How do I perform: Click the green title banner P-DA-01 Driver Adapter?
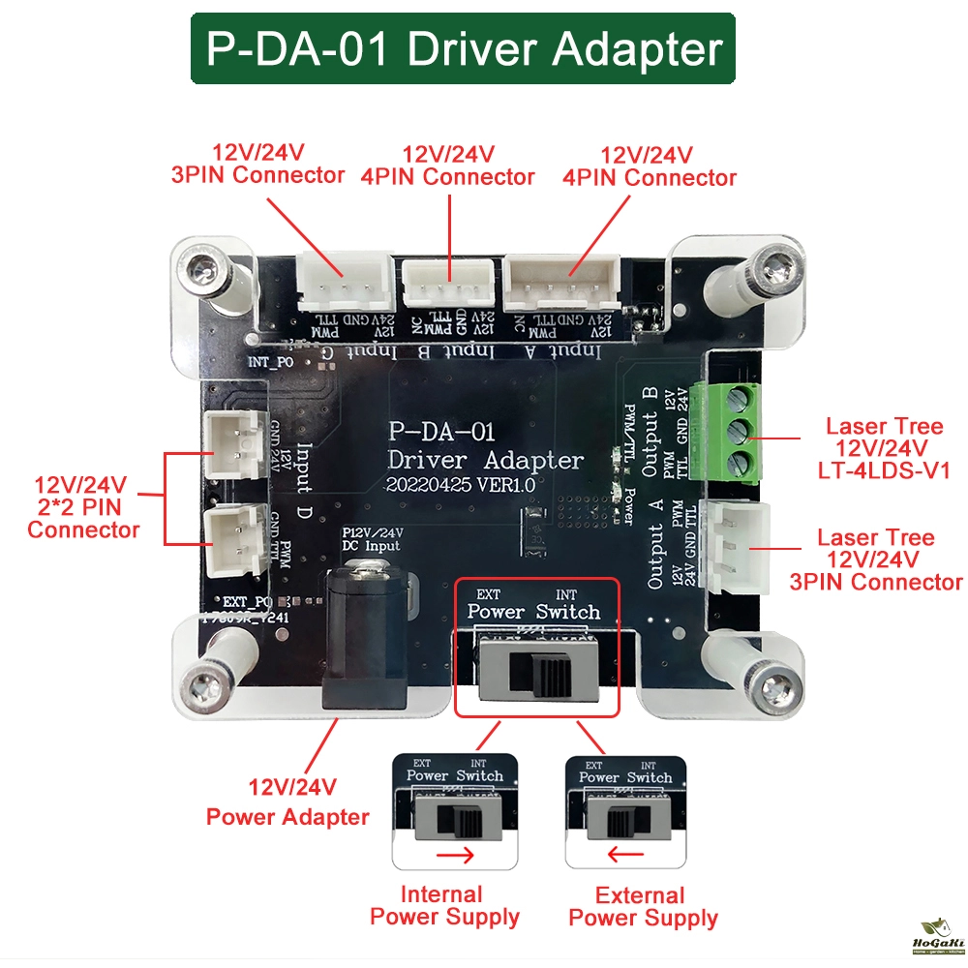463,49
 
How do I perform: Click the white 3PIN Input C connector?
345,282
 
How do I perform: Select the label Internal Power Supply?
444,906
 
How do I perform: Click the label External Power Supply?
643,907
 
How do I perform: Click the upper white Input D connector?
234,442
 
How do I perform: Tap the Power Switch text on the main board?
533,612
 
